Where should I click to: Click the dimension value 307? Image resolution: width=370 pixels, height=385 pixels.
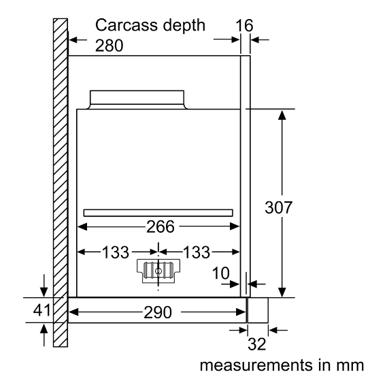tap(279, 207)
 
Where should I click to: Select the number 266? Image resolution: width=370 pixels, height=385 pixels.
tap(161, 227)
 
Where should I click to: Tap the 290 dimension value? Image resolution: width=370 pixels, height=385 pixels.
tap(158, 312)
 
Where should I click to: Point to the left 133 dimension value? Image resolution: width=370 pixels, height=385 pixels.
tap(116, 252)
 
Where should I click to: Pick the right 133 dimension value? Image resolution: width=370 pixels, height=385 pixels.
tap(197, 252)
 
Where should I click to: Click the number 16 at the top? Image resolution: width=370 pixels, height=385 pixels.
tap(244, 25)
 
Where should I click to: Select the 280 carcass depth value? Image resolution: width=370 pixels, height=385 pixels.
tap(109, 46)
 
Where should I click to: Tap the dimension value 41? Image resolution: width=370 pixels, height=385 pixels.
tap(42, 310)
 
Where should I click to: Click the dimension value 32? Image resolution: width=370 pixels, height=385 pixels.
tap(257, 344)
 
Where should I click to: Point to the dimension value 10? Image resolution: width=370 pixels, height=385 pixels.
tap(221, 273)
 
